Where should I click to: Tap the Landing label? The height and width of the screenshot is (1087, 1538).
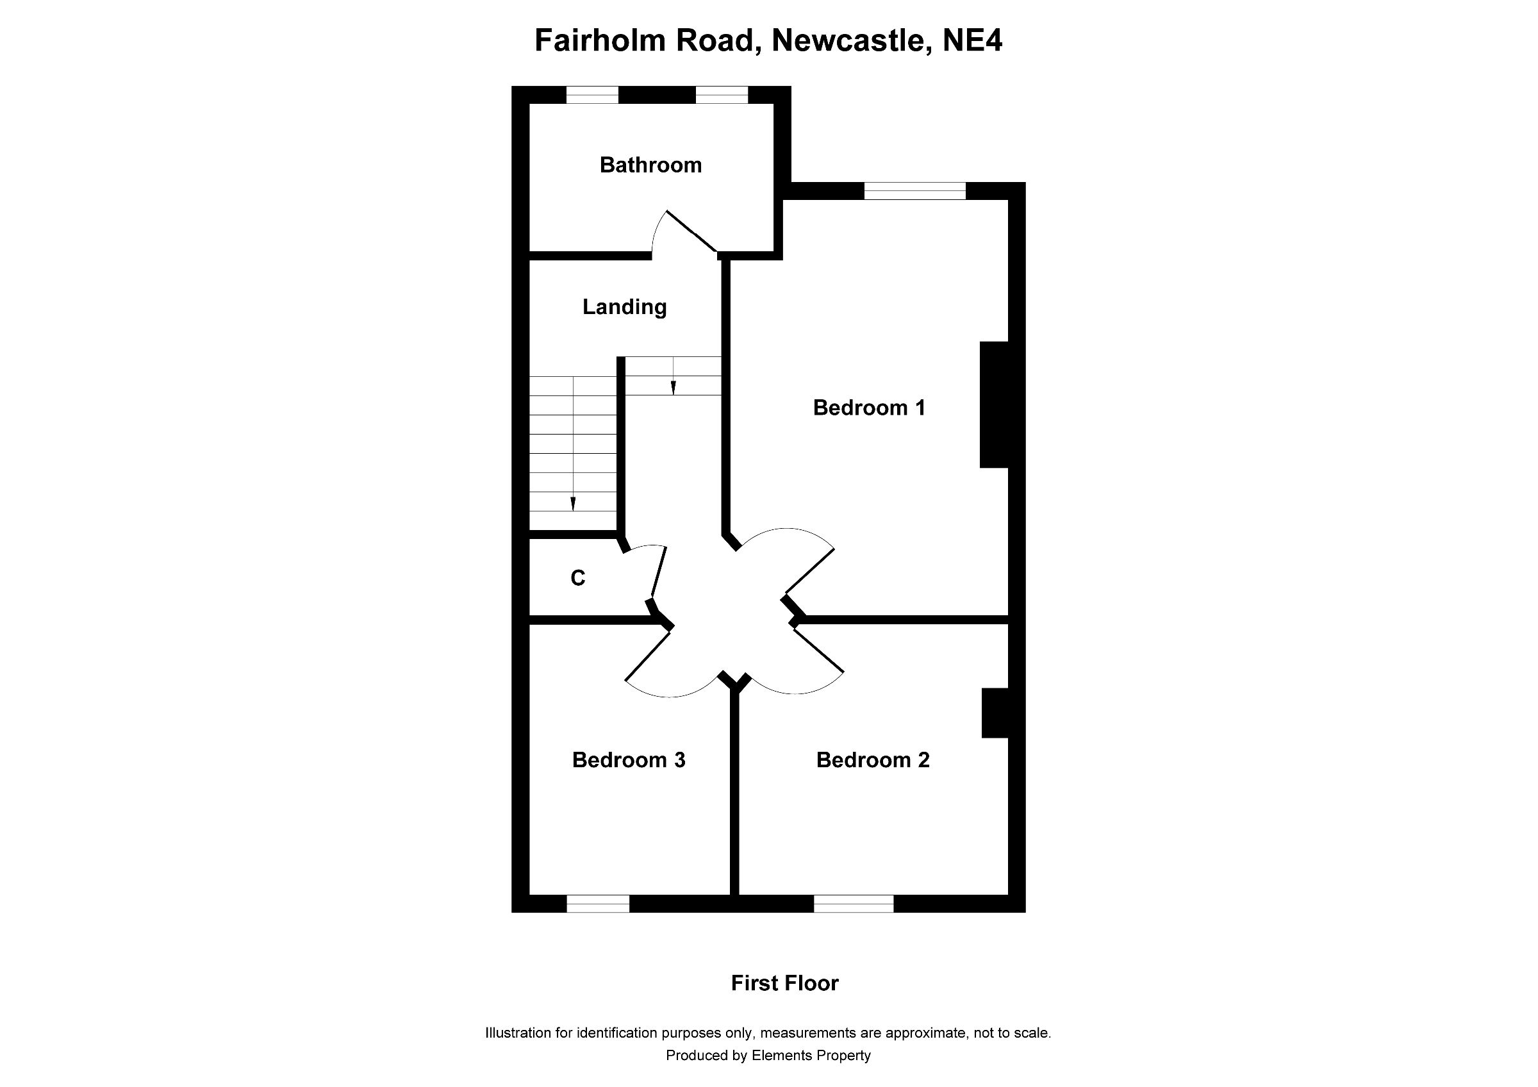(x=624, y=307)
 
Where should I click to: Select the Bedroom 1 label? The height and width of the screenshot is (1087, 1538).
(x=869, y=407)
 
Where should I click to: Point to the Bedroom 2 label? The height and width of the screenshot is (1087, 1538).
(x=872, y=759)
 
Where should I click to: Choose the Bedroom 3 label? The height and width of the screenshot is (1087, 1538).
(x=628, y=759)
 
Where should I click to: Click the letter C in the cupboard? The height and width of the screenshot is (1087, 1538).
(x=577, y=577)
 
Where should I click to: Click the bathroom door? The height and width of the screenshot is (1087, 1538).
(x=691, y=232)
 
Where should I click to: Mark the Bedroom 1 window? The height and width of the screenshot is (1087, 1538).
(x=914, y=191)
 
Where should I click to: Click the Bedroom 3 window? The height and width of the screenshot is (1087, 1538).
(x=597, y=904)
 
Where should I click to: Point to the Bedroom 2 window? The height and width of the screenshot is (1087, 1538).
(x=853, y=904)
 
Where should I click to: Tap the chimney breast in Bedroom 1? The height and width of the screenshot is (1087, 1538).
(x=994, y=404)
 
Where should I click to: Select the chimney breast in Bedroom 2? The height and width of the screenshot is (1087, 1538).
(x=995, y=713)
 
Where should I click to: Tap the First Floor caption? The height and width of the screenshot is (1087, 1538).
(x=784, y=983)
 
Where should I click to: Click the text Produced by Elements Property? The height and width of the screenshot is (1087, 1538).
(x=768, y=1056)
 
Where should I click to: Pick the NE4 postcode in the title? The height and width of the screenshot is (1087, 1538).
(x=972, y=40)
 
